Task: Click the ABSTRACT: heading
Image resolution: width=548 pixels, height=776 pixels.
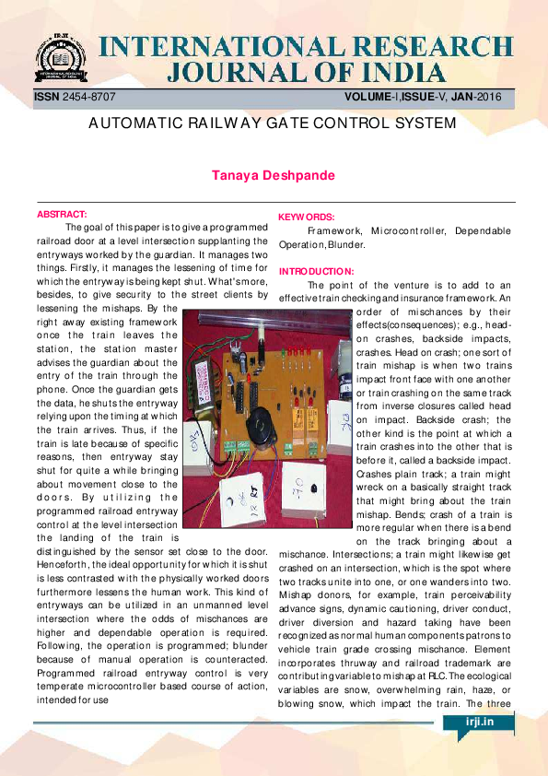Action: [62, 214]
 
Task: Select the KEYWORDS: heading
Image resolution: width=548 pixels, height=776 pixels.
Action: [306, 218]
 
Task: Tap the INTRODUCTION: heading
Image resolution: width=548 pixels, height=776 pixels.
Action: [316, 271]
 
